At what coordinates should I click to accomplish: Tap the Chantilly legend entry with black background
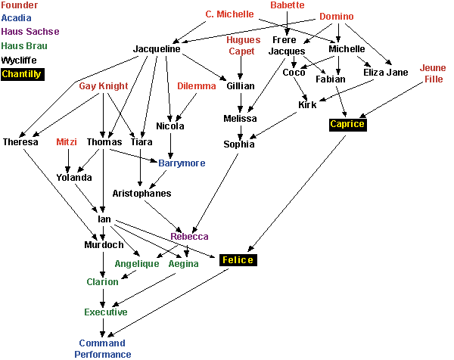coord(22,74)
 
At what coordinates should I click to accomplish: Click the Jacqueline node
coord(157,49)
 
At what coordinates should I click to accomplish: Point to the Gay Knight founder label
coord(104,86)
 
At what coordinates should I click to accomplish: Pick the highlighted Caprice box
coord(347,124)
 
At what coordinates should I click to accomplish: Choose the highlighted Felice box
coord(237,260)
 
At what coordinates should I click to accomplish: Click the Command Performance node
coord(103,349)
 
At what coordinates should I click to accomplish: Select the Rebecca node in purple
coord(189,237)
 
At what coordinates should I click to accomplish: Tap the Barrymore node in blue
coord(182,163)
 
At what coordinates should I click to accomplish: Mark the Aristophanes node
coord(141,194)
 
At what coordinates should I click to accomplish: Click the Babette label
coord(288,5)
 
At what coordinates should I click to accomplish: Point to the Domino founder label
coord(336,17)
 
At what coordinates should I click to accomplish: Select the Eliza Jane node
coord(386,73)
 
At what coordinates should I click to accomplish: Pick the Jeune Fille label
coord(433,73)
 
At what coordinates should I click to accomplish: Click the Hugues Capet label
coord(243,45)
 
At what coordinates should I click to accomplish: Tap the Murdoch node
coord(104,245)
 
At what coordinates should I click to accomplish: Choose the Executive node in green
coord(106,312)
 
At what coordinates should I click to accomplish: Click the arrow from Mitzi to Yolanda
coord(68,160)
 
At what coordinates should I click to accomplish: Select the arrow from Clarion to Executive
coord(104,297)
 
